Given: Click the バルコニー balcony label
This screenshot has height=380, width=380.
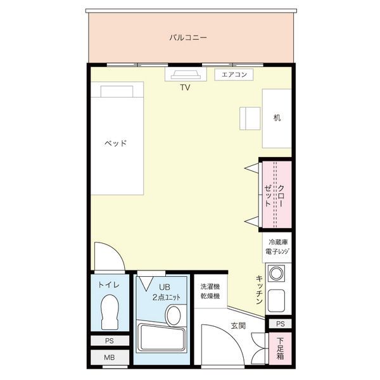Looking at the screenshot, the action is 188,38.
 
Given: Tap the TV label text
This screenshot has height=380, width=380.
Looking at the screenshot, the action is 185,87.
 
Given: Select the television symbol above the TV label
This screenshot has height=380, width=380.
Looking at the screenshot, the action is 186,75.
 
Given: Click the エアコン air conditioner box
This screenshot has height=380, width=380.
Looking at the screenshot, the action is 234,75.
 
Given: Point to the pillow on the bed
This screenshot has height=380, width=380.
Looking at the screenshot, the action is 117,91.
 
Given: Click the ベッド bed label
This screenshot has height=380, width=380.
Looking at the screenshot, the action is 116,143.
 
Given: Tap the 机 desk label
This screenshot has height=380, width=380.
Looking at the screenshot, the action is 277,118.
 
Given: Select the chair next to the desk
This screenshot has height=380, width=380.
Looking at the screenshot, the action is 250,118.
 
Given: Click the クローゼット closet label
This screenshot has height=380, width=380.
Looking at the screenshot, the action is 274,195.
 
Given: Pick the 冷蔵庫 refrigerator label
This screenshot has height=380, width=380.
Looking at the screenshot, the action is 278,242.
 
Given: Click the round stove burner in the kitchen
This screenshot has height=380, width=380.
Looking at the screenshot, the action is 276,274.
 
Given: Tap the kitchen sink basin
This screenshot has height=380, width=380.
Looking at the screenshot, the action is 277,300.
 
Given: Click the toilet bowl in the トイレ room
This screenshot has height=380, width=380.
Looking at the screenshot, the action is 110,312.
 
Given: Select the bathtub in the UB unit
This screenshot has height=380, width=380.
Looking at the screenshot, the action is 161,337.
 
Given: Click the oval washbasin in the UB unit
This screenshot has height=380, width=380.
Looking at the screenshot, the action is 174,315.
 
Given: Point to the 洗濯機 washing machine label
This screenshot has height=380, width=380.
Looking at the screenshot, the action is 210,287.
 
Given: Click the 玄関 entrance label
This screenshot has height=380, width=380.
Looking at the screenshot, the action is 238,326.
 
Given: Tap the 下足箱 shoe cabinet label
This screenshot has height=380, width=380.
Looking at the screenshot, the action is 281,349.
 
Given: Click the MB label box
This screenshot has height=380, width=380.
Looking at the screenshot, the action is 110,357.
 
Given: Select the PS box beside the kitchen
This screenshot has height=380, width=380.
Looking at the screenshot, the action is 280,324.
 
